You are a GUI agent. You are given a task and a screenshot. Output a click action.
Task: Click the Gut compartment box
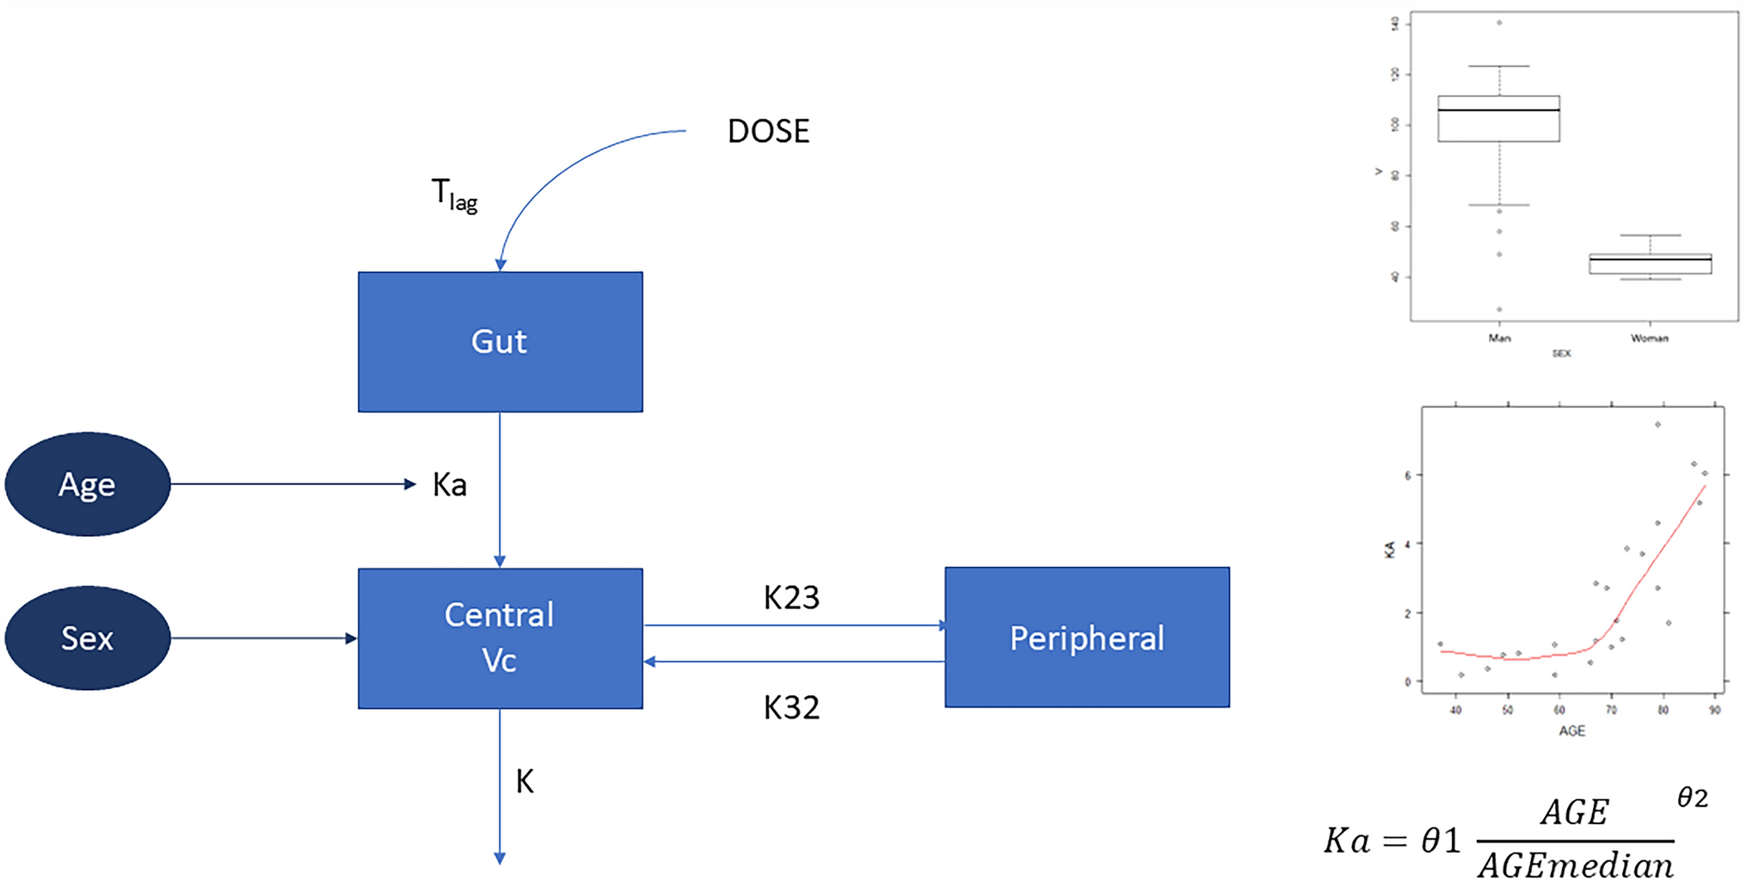[x=500, y=342]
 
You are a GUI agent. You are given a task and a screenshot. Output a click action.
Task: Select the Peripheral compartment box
[x=1086, y=638]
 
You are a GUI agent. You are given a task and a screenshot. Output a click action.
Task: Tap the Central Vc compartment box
[x=500, y=638]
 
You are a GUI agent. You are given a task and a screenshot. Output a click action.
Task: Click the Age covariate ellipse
[x=87, y=484]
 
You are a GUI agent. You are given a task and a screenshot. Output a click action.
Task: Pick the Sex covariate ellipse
[x=87, y=638]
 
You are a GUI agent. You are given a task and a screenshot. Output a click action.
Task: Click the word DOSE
[x=768, y=132]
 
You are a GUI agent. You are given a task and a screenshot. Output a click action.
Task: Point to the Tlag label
[x=453, y=194]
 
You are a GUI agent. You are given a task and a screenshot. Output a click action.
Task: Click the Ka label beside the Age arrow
[x=449, y=485]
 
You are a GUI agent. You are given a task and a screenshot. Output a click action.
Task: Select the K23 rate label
[x=791, y=597]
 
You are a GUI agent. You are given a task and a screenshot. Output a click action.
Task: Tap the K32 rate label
[x=791, y=707]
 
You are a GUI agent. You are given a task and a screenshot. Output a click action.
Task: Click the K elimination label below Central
[x=525, y=781]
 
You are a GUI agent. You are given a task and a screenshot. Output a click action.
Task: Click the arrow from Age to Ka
[x=292, y=484]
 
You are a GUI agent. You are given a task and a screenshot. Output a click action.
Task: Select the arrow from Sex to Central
[x=262, y=638]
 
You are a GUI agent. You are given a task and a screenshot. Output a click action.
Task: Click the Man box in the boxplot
[x=1498, y=119]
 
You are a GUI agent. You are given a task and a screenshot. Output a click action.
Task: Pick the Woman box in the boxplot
[x=1650, y=263]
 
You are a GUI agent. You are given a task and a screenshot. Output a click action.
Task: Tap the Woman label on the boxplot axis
[x=1649, y=338]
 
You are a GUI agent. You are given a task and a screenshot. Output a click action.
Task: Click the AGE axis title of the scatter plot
[x=1571, y=730]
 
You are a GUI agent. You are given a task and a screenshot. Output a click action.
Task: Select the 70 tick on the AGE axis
[x=1611, y=710]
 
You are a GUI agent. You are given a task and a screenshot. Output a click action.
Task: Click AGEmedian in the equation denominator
[x=1576, y=865]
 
